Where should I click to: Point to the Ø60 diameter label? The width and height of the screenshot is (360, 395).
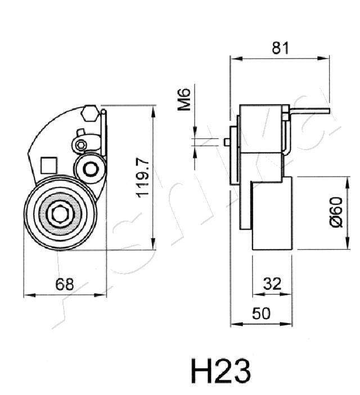tap(335, 212)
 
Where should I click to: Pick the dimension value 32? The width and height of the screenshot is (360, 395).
tap(272, 284)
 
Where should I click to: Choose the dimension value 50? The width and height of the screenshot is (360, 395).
tap(261, 314)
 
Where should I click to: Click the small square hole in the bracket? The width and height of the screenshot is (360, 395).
tap(49, 165)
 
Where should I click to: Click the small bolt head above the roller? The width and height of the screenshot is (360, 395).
tap(82, 145)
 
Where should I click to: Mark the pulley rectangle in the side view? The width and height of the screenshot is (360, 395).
tap(272, 213)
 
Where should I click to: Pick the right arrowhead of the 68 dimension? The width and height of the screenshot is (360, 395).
tap(106, 294)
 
